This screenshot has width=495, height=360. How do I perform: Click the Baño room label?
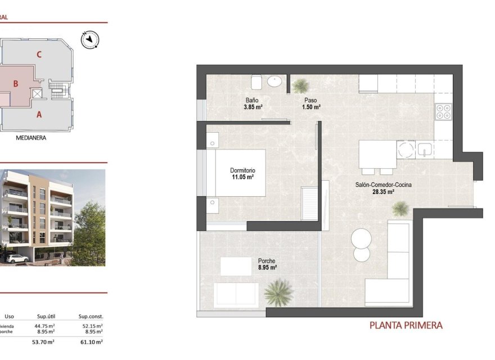(251, 100)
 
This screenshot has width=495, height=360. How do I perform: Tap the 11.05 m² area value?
(242, 177)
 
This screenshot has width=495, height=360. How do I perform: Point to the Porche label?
(267, 261)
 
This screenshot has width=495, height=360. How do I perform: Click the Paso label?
(310, 100)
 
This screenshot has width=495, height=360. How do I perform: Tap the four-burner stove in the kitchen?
(443, 111)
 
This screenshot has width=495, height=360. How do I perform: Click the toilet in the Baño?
(256, 83)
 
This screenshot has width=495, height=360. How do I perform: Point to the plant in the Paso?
(301, 86)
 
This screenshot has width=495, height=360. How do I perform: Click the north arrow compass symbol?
(89, 40)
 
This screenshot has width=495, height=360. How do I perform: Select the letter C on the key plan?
(39, 55)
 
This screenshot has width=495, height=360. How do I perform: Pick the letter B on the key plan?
(16, 84)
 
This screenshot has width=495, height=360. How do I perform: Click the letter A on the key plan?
(39, 115)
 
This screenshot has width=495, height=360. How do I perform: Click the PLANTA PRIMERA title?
(406, 325)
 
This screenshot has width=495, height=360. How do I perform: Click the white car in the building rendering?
(17, 258)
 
